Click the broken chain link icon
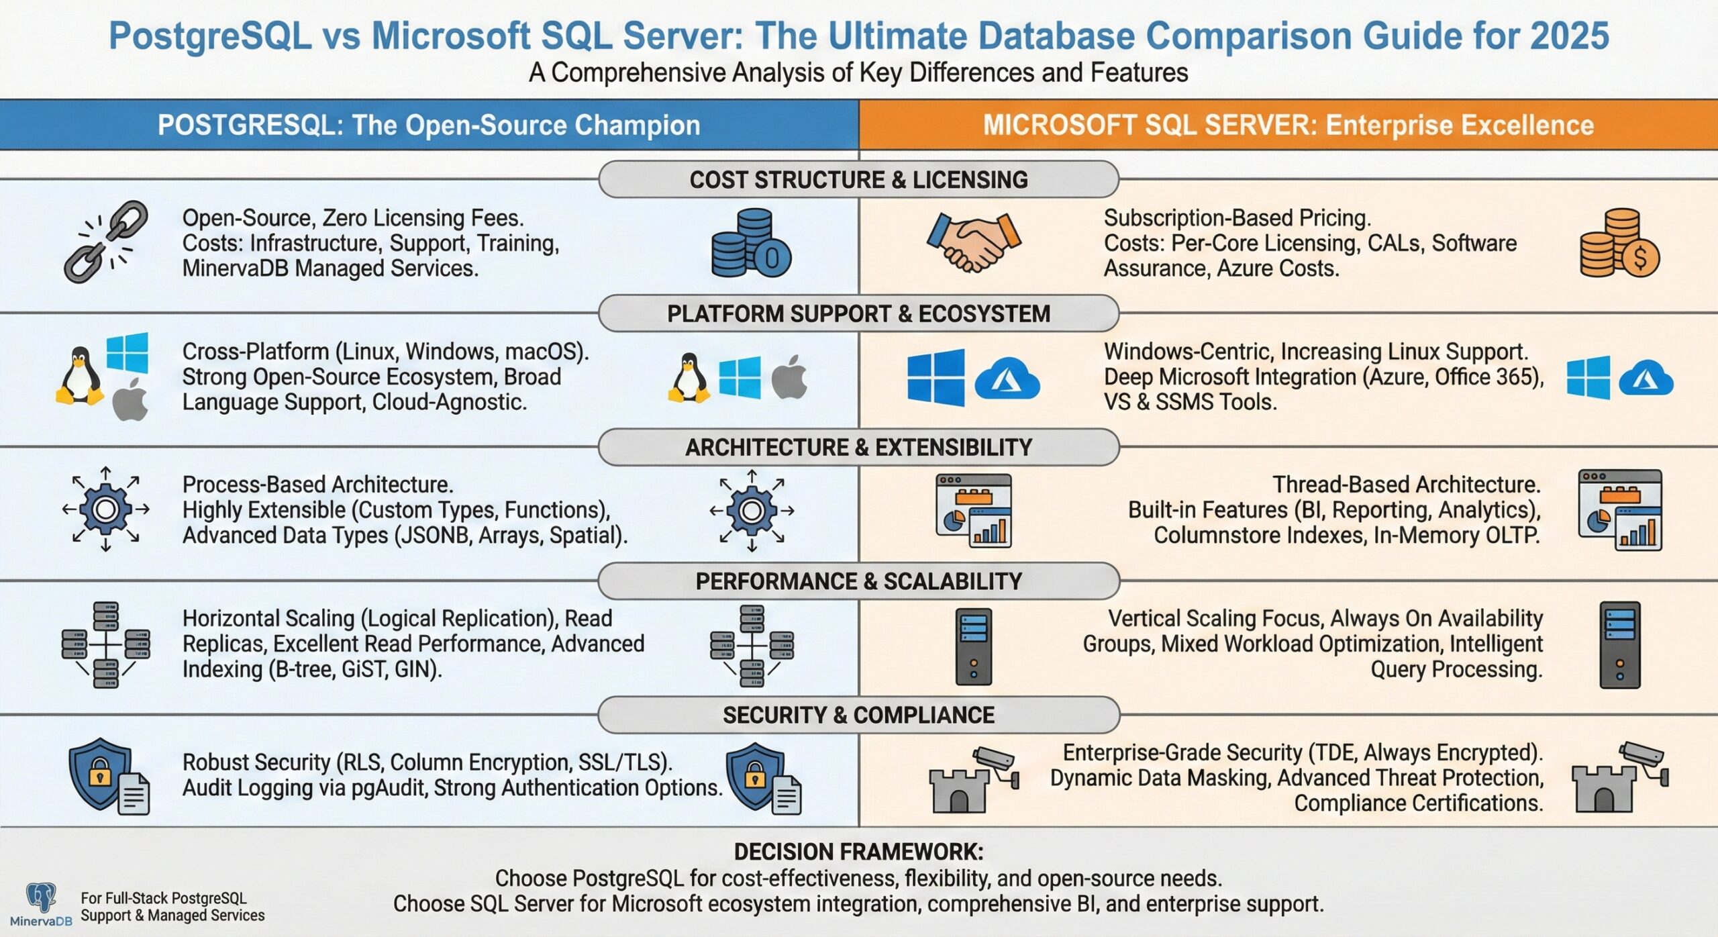106,242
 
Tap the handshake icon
974,242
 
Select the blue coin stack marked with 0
751,243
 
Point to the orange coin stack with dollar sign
1619,244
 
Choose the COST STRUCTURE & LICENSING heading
858,180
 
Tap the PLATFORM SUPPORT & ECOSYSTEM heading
858,313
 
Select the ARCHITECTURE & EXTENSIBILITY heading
858,447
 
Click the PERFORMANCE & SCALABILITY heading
858,581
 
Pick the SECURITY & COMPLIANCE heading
858,715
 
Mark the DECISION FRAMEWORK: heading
858,852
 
